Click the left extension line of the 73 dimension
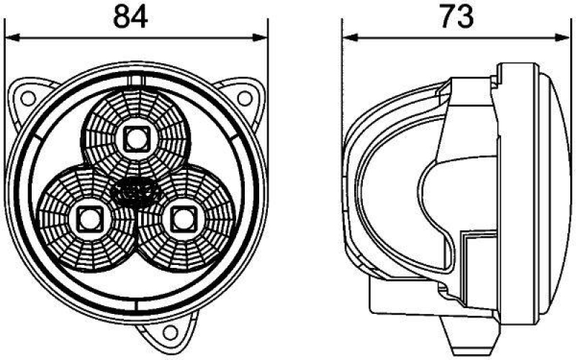[343, 72]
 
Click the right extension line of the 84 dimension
[267, 72]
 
